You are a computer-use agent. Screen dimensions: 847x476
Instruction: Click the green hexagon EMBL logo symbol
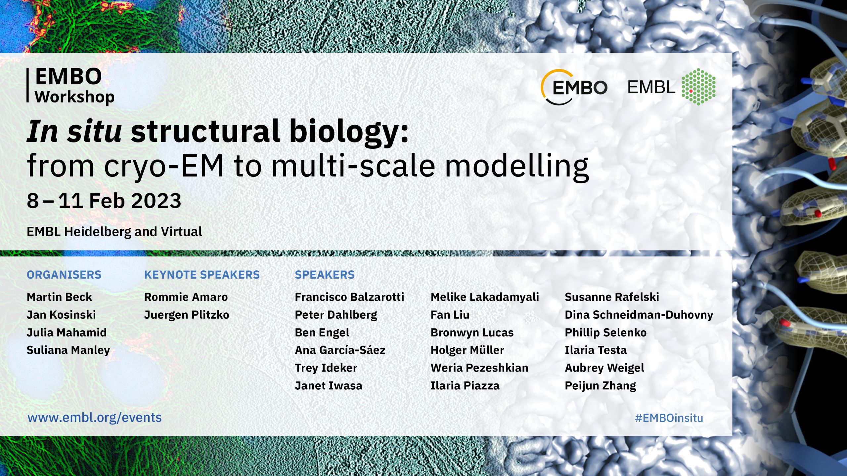[x=698, y=87]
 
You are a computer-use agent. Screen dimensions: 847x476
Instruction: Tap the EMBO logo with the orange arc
[x=574, y=87]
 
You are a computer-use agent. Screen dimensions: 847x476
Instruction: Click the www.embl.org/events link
[x=95, y=418]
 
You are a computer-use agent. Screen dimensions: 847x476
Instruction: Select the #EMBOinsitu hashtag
[x=669, y=418]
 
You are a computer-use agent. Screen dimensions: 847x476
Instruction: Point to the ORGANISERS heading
[x=64, y=275]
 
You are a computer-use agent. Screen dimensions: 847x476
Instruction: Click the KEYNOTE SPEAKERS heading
[x=202, y=275]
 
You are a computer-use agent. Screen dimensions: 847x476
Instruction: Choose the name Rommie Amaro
[x=186, y=297]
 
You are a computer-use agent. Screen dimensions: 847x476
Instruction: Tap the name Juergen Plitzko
[x=187, y=315]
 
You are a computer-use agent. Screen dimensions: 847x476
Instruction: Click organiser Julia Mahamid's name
[x=67, y=333]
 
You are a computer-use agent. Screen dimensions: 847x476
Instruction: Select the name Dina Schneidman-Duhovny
[x=639, y=315]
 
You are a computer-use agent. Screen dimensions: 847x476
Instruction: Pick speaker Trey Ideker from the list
[x=326, y=368]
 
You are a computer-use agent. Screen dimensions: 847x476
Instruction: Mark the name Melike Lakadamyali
[x=485, y=297]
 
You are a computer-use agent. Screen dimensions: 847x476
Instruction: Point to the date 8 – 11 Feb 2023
[x=104, y=201]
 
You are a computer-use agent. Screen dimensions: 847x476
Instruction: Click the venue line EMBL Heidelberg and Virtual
[x=114, y=232]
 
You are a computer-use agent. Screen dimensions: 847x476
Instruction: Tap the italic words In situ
[x=74, y=131]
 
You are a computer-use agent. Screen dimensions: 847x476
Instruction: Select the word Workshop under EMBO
[x=74, y=97]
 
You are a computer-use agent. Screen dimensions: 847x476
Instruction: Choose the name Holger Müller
[x=467, y=350]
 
